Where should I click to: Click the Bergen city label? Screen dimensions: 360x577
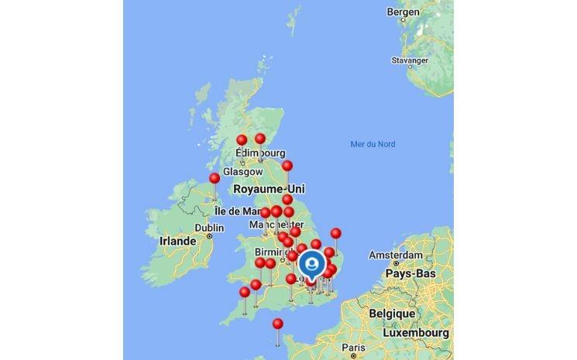404,12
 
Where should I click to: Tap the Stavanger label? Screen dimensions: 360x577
410,60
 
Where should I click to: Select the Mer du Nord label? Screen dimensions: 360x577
373,144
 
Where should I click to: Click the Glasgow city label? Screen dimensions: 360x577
239,171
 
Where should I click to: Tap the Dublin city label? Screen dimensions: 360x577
209,228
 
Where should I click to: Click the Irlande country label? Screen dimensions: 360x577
177,241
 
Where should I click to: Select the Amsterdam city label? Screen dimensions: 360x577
395,255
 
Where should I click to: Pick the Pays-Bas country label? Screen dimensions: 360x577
410,273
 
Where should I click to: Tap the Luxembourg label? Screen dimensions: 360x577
415,332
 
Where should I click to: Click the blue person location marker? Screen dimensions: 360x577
311,264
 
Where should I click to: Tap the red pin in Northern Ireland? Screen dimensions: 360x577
215,179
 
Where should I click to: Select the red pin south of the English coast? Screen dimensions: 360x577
278,324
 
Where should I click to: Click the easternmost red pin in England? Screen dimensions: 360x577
335,233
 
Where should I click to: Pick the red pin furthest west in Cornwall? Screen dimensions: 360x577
245,293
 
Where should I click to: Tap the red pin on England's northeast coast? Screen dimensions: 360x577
287,166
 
